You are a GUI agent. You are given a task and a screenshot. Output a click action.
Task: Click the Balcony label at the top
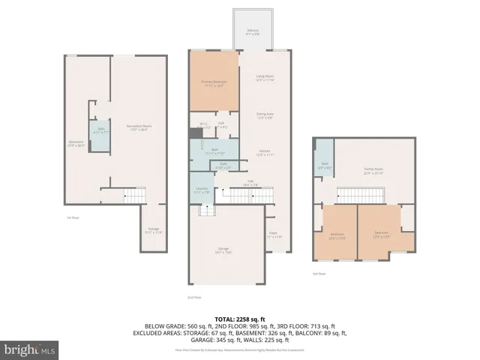pyautogui.click(x=253, y=32)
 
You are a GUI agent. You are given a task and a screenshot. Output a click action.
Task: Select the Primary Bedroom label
pyautogui.click(x=214, y=83)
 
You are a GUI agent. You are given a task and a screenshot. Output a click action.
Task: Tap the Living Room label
pyautogui.click(x=265, y=78)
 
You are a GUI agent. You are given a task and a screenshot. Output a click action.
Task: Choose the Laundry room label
pyautogui.click(x=200, y=191)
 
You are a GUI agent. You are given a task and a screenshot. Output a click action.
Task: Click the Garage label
pyautogui.click(x=223, y=250)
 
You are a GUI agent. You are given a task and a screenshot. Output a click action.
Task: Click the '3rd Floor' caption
pyautogui.click(x=319, y=273)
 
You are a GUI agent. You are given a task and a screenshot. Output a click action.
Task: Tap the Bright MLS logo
pyautogui.click(x=30, y=349)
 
